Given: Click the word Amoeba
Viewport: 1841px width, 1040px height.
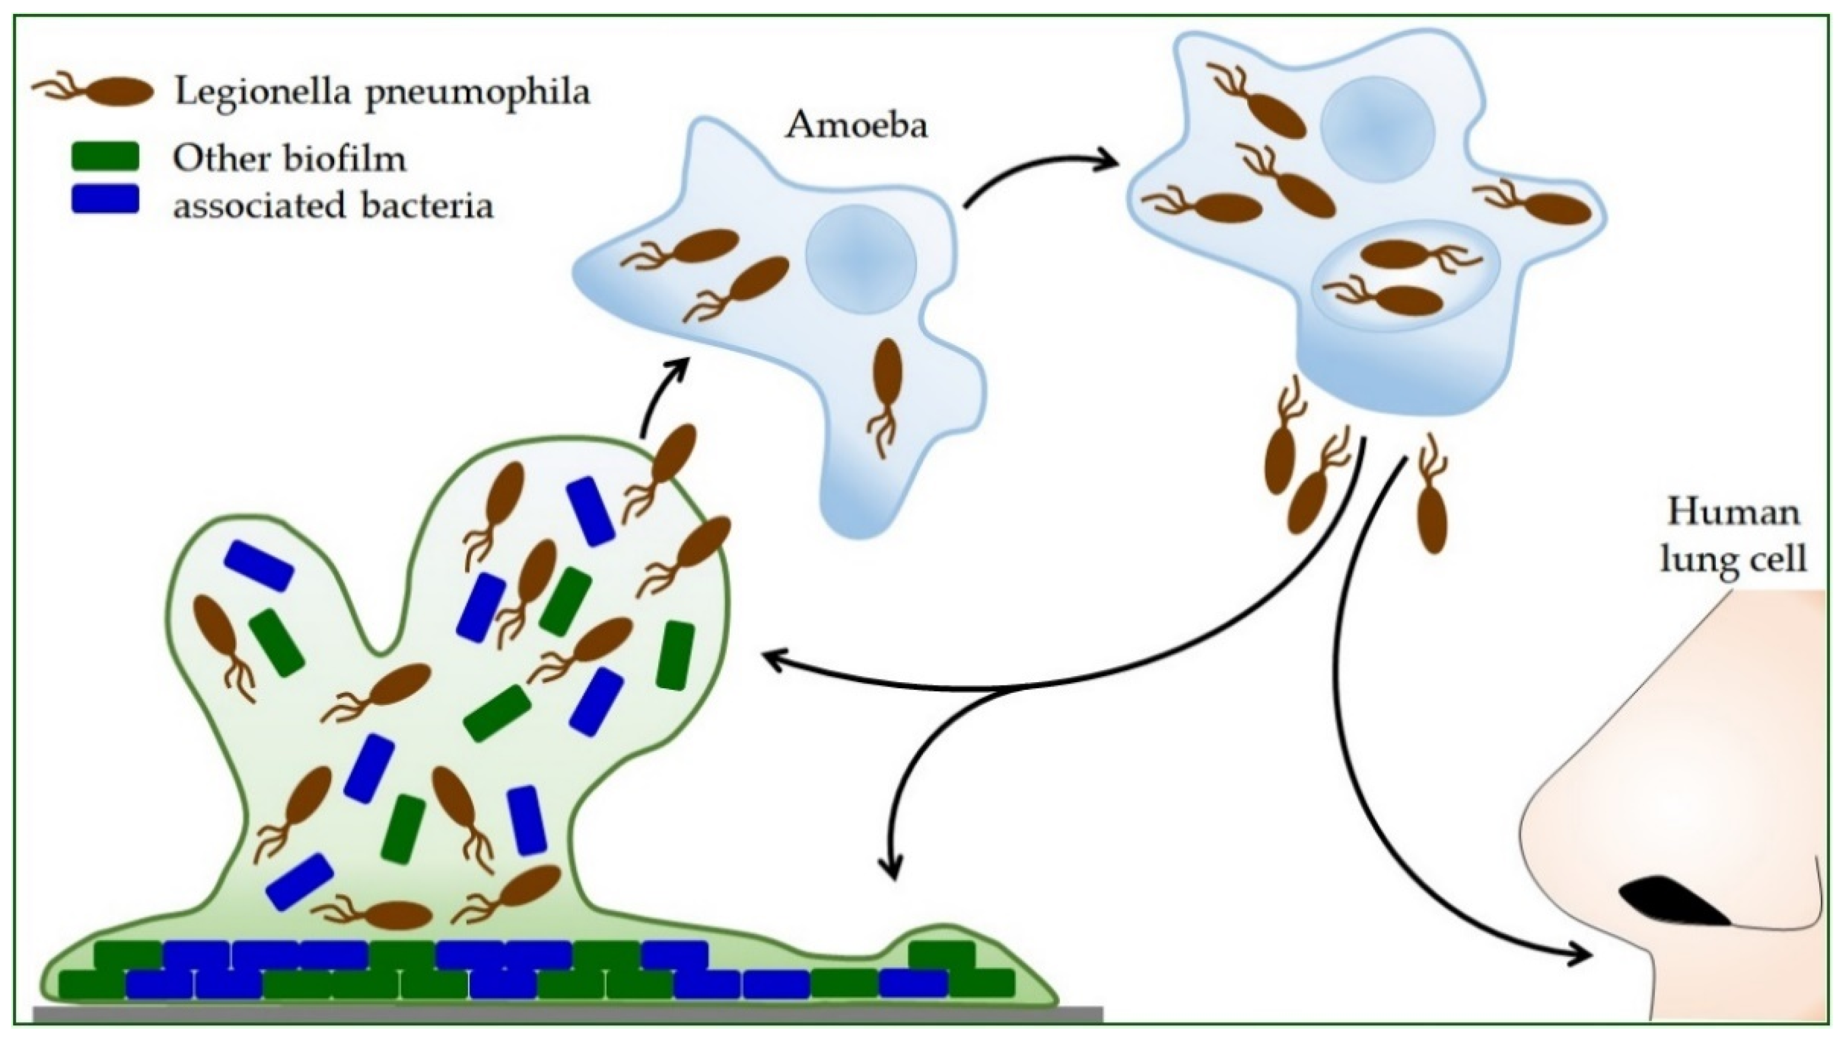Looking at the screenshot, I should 856,126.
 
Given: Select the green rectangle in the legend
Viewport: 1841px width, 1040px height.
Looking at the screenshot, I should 106,156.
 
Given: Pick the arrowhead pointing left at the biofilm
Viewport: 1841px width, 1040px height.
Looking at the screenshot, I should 772,656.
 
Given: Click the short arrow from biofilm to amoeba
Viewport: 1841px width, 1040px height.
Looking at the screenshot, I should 661,396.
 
